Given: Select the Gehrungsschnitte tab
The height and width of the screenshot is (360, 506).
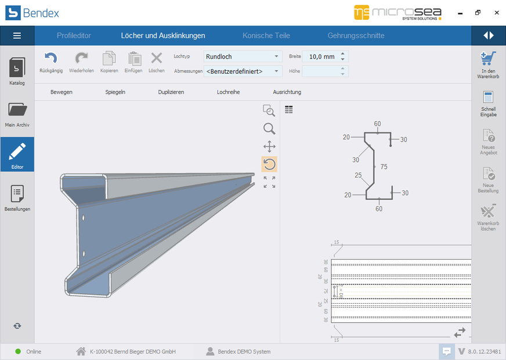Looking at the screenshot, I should point(356,35).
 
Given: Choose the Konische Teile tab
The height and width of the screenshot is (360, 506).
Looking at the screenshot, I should point(266,35).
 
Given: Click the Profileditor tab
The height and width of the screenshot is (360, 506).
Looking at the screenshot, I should point(74,35).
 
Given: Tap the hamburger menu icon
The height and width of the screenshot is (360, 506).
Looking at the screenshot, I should point(17,35).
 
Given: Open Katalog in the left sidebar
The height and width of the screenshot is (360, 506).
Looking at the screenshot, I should point(17,71).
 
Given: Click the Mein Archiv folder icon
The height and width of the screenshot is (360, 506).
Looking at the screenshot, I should point(17,110).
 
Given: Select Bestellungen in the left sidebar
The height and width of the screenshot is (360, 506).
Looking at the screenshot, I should point(17,196).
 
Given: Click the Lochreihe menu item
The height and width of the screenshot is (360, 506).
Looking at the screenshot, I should point(228,92).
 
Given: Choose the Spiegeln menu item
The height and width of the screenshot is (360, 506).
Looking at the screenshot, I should point(115,92).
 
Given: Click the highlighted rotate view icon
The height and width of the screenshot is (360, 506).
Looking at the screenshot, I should point(269,164).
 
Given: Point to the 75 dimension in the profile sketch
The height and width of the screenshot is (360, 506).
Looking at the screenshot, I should point(384,167).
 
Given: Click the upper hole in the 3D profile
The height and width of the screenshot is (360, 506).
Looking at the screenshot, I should point(84,219).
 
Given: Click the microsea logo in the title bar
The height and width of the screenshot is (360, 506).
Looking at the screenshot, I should point(399,12).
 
